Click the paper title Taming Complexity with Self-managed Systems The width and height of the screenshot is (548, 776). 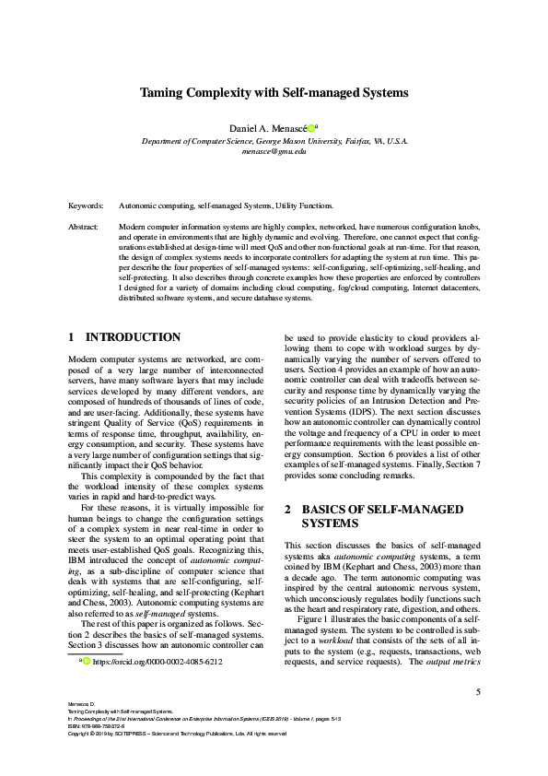point(274,93)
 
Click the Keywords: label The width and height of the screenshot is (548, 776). point(87,206)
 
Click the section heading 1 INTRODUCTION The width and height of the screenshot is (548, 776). point(125,337)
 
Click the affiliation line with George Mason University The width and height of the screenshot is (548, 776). point(274,141)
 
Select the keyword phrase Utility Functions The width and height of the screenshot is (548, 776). point(303,206)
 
